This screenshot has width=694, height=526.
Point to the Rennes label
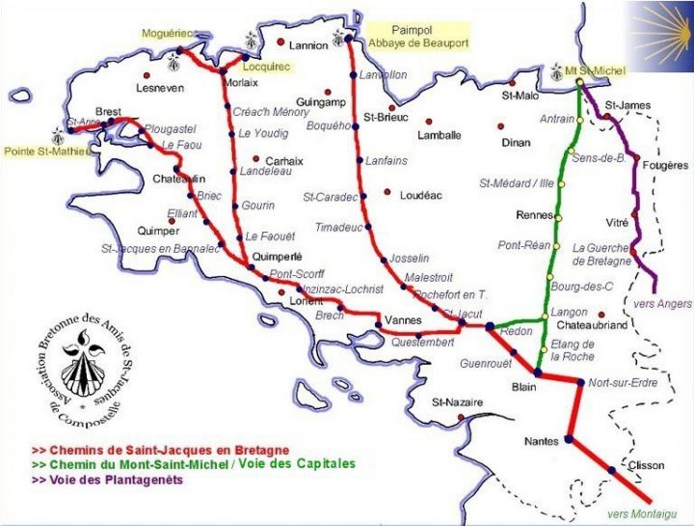point(535,214)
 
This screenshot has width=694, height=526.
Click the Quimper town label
point(158,232)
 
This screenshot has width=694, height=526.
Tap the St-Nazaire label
point(456,401)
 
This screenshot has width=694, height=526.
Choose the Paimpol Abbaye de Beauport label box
point(416,36)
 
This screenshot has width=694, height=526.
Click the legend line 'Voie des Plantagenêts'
point(108,480)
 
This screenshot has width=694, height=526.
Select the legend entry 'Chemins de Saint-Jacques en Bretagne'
point(160,451)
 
